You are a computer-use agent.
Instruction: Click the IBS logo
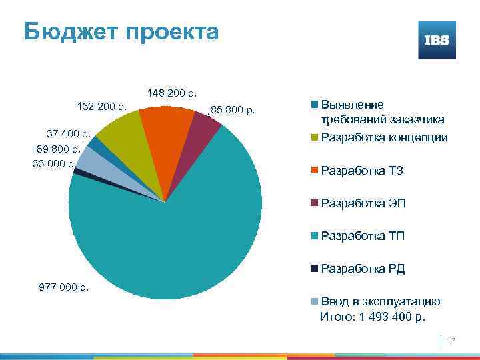click(437, 40)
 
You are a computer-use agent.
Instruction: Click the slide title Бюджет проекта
click(121, 31)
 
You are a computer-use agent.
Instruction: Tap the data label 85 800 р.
click(233, 109)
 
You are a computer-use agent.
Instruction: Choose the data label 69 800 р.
click(58, 149)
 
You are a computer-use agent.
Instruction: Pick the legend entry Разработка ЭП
click(363, 203)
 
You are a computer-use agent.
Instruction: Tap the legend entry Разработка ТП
click(362, 236)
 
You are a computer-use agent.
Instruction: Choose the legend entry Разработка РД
click(363, 269)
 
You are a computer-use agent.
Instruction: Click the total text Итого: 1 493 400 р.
click(372, 317)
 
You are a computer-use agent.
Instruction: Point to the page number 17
click(451, 341)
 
